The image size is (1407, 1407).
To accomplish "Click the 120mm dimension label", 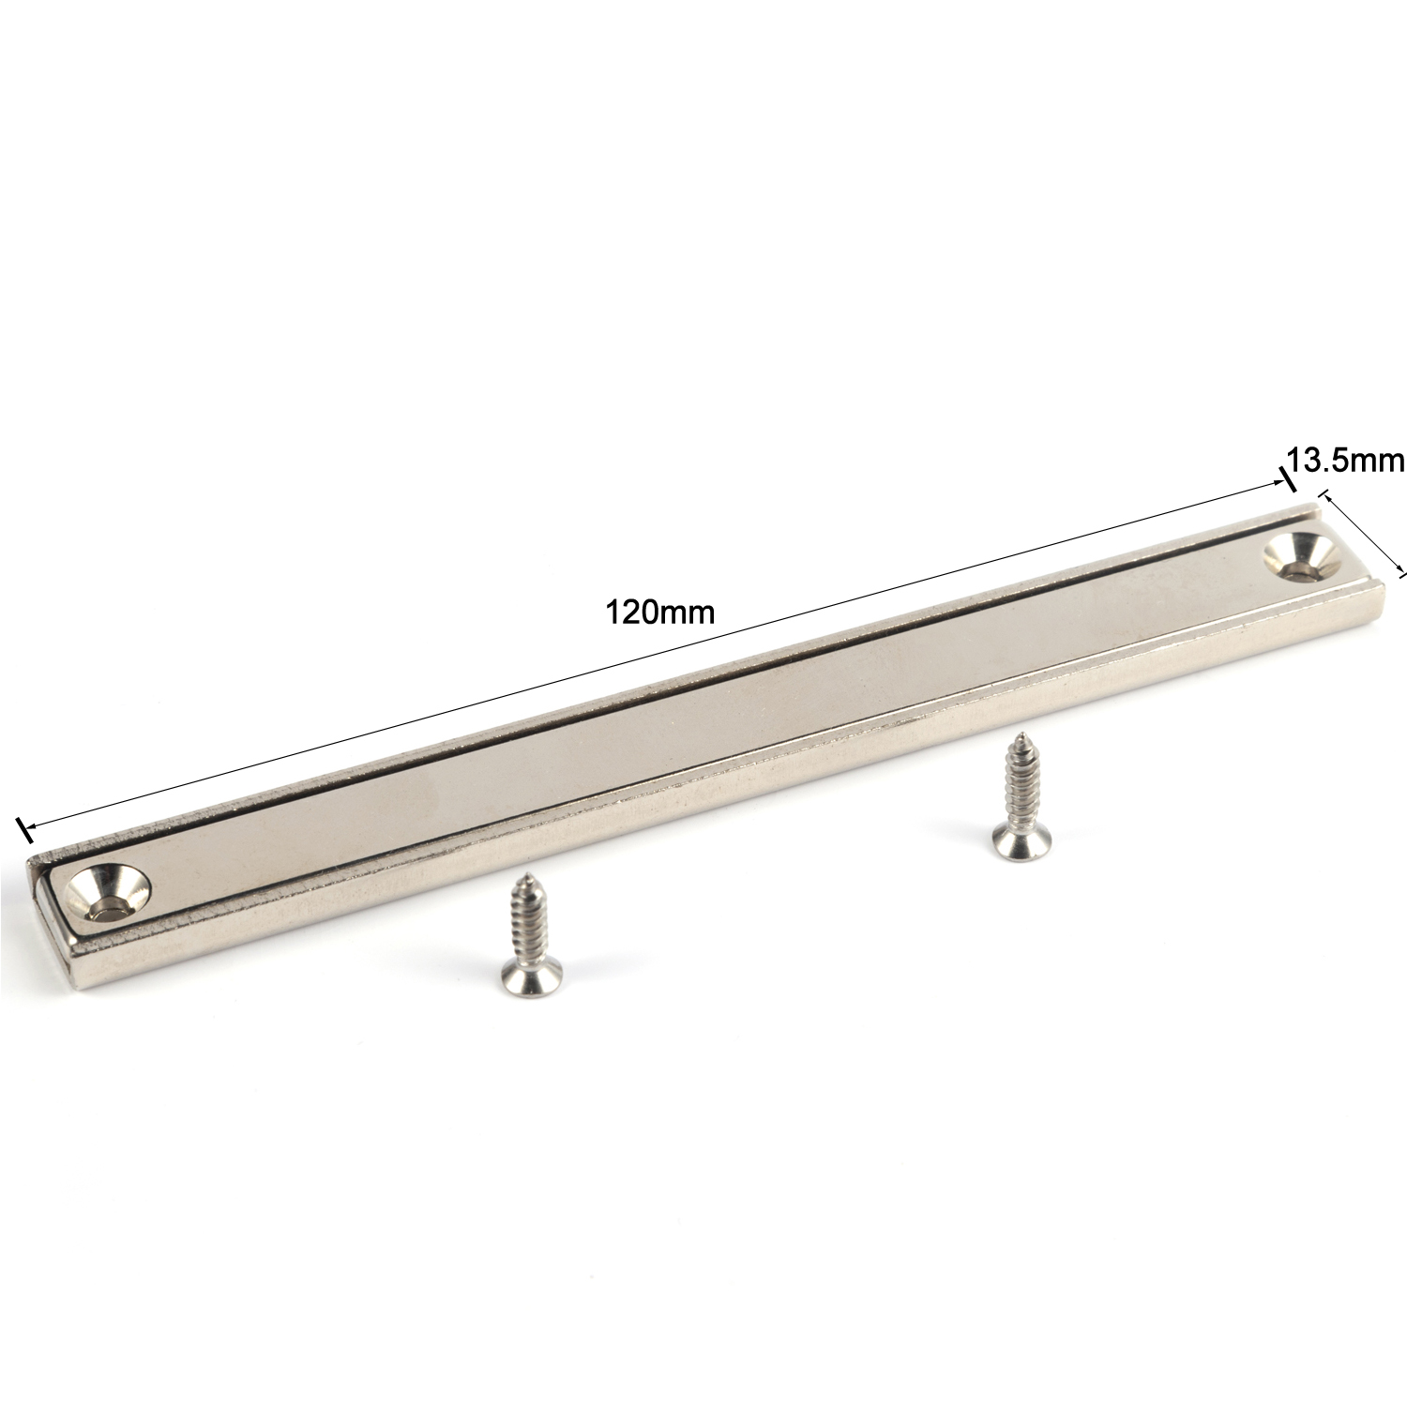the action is (x=660, y=613).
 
